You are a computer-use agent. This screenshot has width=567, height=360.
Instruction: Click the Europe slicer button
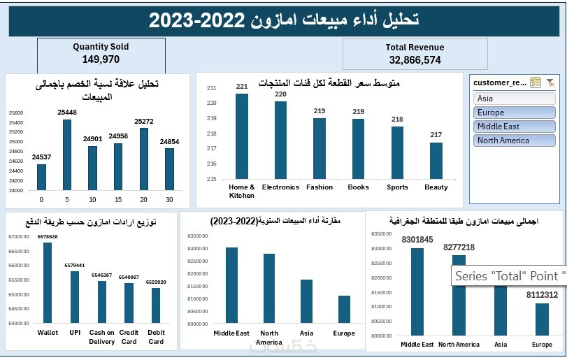click(515, 113)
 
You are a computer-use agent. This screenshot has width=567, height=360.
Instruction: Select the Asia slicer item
click(515, 99)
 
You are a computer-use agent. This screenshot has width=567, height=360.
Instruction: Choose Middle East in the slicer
click(515, 127)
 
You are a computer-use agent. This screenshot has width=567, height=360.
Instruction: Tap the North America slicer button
click(515, 141)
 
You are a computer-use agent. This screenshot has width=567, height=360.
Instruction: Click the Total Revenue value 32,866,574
click(415, 60)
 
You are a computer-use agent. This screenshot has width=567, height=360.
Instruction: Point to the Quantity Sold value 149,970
click(101, 59)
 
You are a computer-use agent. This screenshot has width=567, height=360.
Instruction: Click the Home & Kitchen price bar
click(242, 136)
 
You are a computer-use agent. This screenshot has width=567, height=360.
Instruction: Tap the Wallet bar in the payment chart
click(48, 282)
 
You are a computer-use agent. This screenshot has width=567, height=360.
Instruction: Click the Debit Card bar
click(156, 305)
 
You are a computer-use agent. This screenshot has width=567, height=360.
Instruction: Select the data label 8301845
click(417, 240)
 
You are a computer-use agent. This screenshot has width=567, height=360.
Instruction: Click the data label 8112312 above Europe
click(542, 295)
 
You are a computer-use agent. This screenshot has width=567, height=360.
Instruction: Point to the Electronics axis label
click(280, 187)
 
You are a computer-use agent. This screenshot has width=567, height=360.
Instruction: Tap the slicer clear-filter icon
click(550, 82)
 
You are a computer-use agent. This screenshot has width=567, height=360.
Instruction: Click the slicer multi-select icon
click(536, 82)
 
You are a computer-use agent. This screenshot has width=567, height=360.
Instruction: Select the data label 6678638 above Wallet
click(48, 237)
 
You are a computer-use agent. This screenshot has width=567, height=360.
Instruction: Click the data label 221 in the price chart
click(242, 87)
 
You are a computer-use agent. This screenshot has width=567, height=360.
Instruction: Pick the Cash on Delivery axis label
click(102, 337)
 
